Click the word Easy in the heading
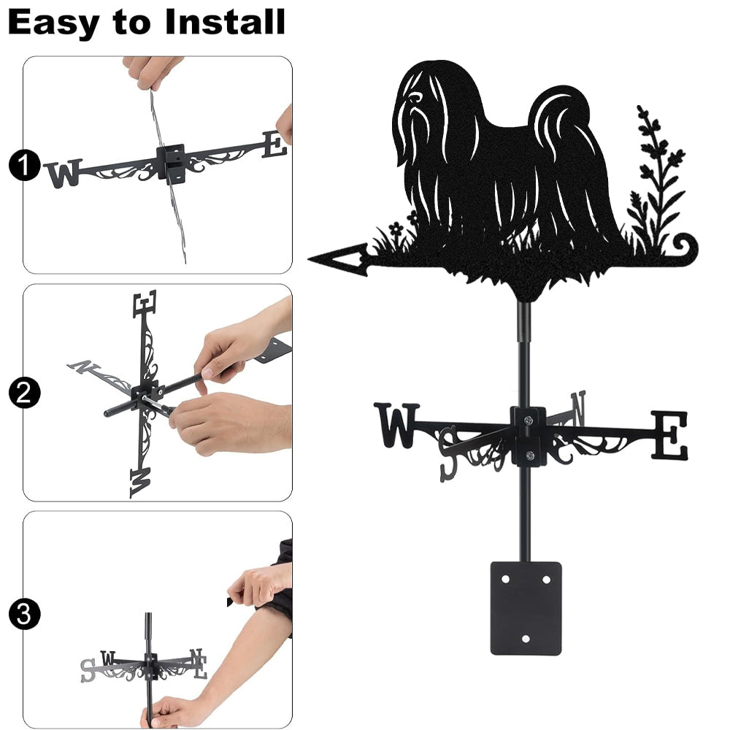53,23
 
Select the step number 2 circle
24,393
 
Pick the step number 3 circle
24,614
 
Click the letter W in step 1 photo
64,173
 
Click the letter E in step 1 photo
274,144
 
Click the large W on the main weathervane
397,425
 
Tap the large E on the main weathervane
669,435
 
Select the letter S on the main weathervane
449,454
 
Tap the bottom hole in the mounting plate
526,639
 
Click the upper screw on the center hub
528,421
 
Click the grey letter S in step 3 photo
88,670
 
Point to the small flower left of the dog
396,228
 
